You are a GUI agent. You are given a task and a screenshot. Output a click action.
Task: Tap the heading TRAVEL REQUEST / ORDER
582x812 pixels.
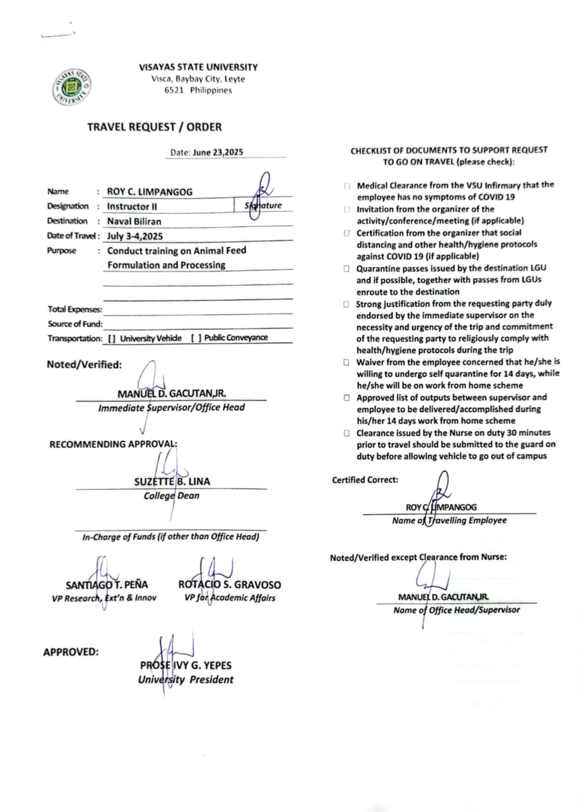click(x=154, y=127)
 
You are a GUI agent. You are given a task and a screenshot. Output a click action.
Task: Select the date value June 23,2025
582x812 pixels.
click(x=218, y=153)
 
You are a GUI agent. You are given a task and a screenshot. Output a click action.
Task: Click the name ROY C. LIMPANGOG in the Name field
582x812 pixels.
click(x=150, y=192)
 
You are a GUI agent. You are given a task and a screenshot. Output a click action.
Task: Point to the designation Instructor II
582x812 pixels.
click(x=132, y=207)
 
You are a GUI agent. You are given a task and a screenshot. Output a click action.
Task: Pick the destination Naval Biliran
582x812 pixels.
click(x=134, y=221)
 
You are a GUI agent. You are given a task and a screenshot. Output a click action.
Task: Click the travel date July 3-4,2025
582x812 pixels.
click(x=135, y=236)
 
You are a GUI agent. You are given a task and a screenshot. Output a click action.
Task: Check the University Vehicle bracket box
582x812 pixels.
click(x=112, y=339)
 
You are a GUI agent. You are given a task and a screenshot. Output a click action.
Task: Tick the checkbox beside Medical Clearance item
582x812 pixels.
click(x=347, y=186)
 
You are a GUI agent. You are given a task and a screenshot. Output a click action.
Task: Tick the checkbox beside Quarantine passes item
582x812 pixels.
click(x=346, y=269)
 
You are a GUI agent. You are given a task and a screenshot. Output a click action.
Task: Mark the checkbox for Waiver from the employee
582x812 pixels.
click(x=346, y=362)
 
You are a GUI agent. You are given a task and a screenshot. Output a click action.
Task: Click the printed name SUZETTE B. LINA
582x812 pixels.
click(x=172, y=482)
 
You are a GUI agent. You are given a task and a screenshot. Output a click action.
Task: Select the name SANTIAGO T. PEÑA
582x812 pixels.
click(x=107, y=585)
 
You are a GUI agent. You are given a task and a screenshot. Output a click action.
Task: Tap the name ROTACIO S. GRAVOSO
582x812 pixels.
click(x=229, y=585)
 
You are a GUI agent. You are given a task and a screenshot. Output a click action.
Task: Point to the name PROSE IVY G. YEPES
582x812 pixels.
click(x=186, y=665)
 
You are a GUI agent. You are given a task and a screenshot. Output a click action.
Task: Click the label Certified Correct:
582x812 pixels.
click(x=365, y=480)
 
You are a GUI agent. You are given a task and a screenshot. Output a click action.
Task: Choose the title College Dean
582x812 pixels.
click(x=171, y=496)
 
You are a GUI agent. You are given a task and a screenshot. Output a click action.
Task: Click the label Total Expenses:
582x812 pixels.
click(x=75, y=309)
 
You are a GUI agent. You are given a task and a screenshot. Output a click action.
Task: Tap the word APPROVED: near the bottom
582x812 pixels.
click(x=71, y=652)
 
